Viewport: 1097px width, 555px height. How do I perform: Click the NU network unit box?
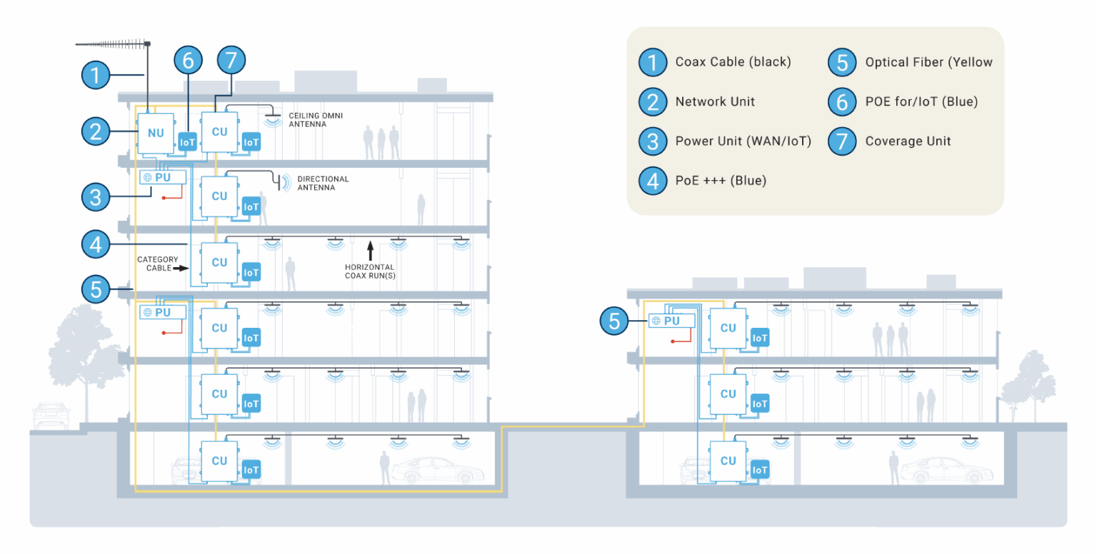(x=156, y=134)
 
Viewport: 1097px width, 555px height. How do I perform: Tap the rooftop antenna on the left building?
(x=113, y=44)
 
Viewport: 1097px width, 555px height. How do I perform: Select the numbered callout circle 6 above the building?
(x=188, y=60)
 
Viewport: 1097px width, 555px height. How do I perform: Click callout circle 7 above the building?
(x=231, y=60)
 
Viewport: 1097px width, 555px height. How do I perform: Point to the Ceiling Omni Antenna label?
(x=316, y=120)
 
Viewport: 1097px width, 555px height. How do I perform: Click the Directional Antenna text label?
(x=323, y=183)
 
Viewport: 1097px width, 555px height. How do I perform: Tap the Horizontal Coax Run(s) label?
(x=370, y=271)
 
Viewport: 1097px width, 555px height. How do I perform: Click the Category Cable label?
(x=157, y=264)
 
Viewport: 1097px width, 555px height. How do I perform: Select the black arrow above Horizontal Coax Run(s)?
(x=371, y=250)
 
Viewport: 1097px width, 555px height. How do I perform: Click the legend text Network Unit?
(x=715, y=101)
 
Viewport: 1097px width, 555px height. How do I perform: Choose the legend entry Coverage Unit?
(x=908, y=141)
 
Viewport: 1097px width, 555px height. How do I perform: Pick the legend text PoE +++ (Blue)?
(x=721, y=181)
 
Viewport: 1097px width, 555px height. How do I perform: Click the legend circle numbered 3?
(x=652, y=141)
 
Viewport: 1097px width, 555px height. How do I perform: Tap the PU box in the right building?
(x=671, y=321)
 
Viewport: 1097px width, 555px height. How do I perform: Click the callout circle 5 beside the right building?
(x=614, y=321)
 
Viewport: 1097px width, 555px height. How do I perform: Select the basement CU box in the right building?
(x=728, y=461)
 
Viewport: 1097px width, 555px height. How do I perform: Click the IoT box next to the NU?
(x=187, y=142)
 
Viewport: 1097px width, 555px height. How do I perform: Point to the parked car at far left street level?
(x=51, y=415)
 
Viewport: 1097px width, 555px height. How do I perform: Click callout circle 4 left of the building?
(x=96, y=244)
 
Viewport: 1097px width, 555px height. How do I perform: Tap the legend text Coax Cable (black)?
(x=733, y=61)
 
